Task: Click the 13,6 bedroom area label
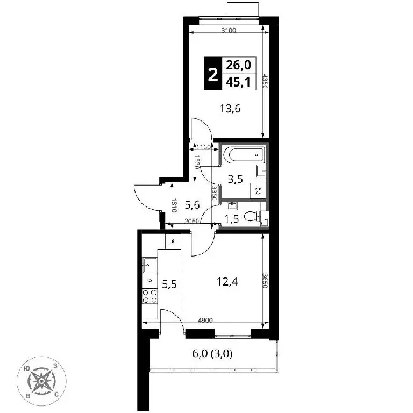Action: (230, 109)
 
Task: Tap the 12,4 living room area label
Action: (227, 282)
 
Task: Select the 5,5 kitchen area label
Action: (169, 284)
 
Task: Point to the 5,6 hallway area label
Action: (193, 205)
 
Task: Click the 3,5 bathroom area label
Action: (235, 180)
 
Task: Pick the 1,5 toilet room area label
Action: (232, 219)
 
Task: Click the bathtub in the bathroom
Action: (244, 155)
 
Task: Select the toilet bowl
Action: (251, 217)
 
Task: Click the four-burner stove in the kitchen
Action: (149, 296)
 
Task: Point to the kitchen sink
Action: (149, 265)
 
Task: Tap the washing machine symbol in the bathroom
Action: (258, 191)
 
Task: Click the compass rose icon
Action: (41, 381)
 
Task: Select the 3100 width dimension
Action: (229, 30)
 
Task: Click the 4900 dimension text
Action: (205, 321)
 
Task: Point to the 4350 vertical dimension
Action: (265, 81)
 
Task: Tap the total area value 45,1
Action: (238, 82)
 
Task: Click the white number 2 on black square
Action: (213, 74)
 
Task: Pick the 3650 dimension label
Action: (265, 281)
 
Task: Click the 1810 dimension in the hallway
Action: (174, 205)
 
